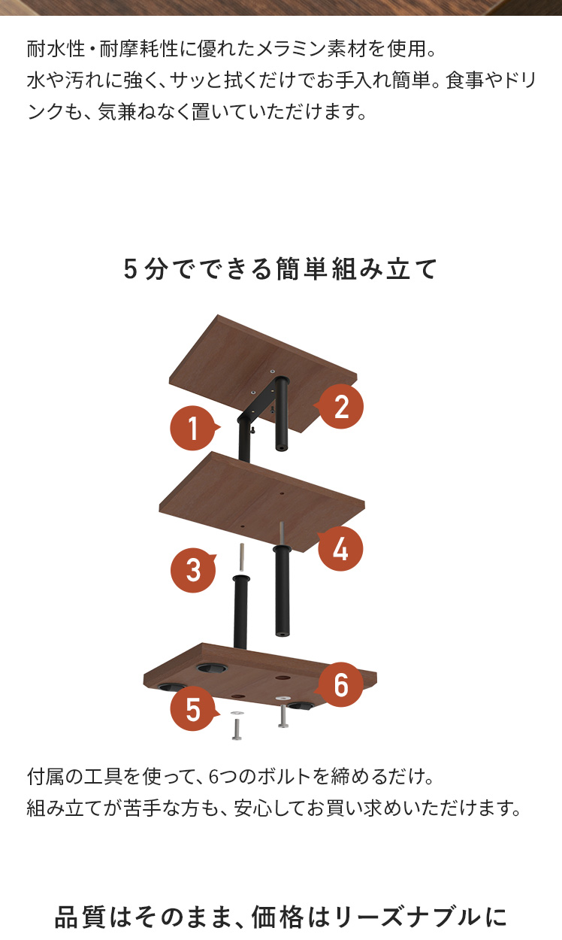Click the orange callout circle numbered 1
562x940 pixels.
pos(192,428)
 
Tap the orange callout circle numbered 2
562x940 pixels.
pos(341,406)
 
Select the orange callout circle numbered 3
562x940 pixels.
pos(193,570)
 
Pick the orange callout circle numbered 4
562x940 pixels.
pos(340,549)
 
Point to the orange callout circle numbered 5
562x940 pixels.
pos(193,709)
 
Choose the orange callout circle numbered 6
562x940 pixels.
pos(340,685)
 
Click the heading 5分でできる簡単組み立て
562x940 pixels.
pos(280,268)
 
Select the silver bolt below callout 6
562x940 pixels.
pos(283,715)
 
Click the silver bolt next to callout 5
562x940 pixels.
pos(237,729)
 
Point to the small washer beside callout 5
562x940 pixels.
pos(237,713)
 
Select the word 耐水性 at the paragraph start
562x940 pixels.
pos(56,49)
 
